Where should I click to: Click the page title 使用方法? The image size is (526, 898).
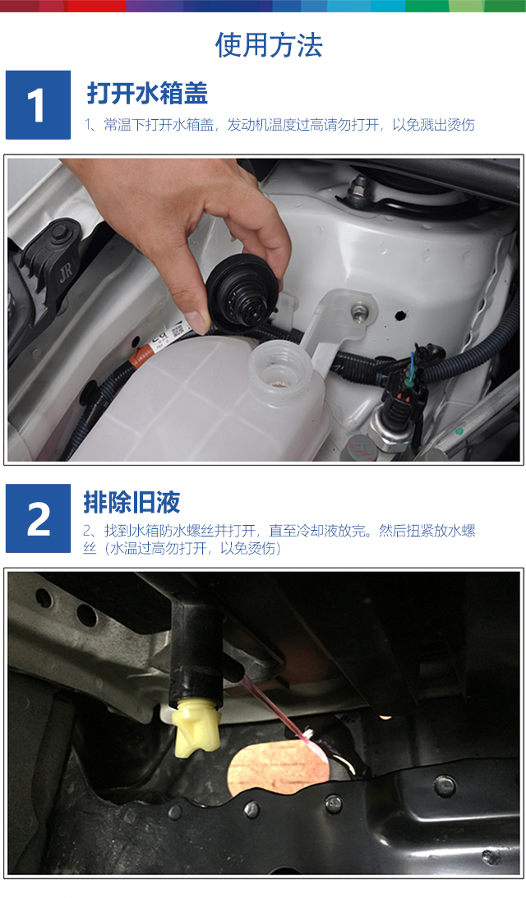(269, 45)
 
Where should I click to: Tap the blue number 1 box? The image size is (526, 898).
(38, 105)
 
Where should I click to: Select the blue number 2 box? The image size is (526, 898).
(38, 518)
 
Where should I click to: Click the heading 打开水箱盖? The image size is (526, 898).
(147, 94)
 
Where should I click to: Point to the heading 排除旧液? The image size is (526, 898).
(131, 502)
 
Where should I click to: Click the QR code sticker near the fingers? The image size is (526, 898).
(176, 330)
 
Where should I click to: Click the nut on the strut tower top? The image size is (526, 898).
(360, 184)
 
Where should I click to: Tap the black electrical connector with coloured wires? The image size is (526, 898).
(403, 390)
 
